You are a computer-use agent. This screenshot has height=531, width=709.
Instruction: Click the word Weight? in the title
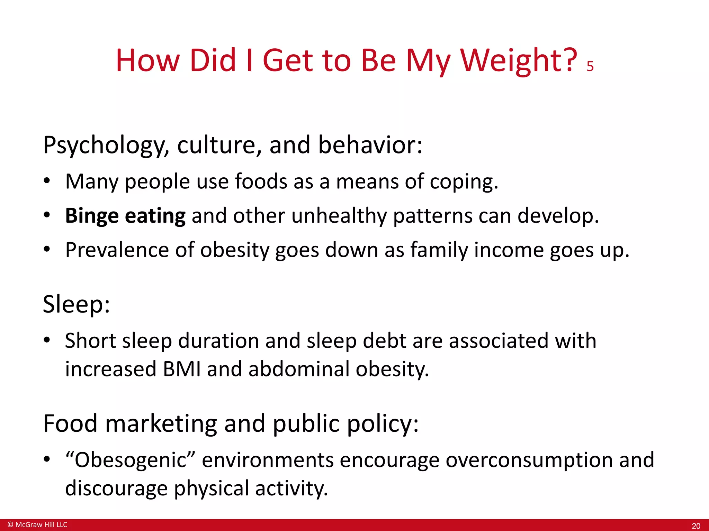click(x=518, y=62)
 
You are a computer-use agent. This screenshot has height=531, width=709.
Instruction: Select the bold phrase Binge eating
click(x=125, y=216)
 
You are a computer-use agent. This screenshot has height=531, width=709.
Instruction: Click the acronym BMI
click(x=182, y=369)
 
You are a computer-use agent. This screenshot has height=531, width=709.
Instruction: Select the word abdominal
click(x=299, y=369)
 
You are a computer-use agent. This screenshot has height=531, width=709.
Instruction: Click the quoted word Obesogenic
click(x=131, y=460)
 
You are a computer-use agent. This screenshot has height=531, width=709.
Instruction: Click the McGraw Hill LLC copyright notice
click(x=37, y=525)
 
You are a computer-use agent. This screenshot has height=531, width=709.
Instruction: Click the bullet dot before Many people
click(x=47, y=181)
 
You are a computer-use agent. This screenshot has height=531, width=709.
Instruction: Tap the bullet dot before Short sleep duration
click(x=47, y=341)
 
